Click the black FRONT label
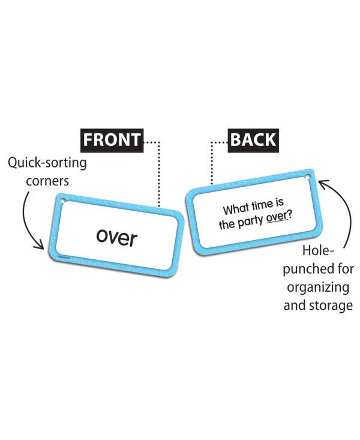click(x=112, y=140)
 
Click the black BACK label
click(x=253, y=140)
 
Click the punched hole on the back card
click(x=309, y=178)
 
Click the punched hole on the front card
click(x=60, y=200)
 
